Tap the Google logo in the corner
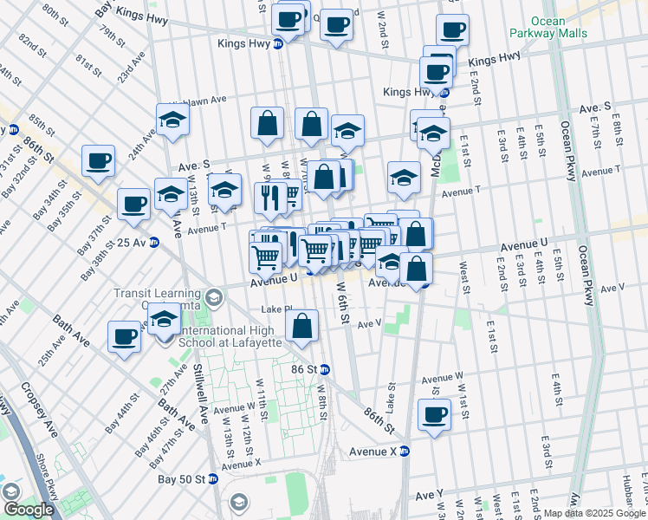tap(29, 510)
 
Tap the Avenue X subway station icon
tap(404, 452)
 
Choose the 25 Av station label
tap(129, 243)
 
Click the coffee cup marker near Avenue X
tap(434, 413)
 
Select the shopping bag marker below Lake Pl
tap(302, 327)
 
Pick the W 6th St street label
tap(342, 303)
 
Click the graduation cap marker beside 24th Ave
tap(172, 120)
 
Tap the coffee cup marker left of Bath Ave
tap(125, 335)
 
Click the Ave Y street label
tap(429, 495)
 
